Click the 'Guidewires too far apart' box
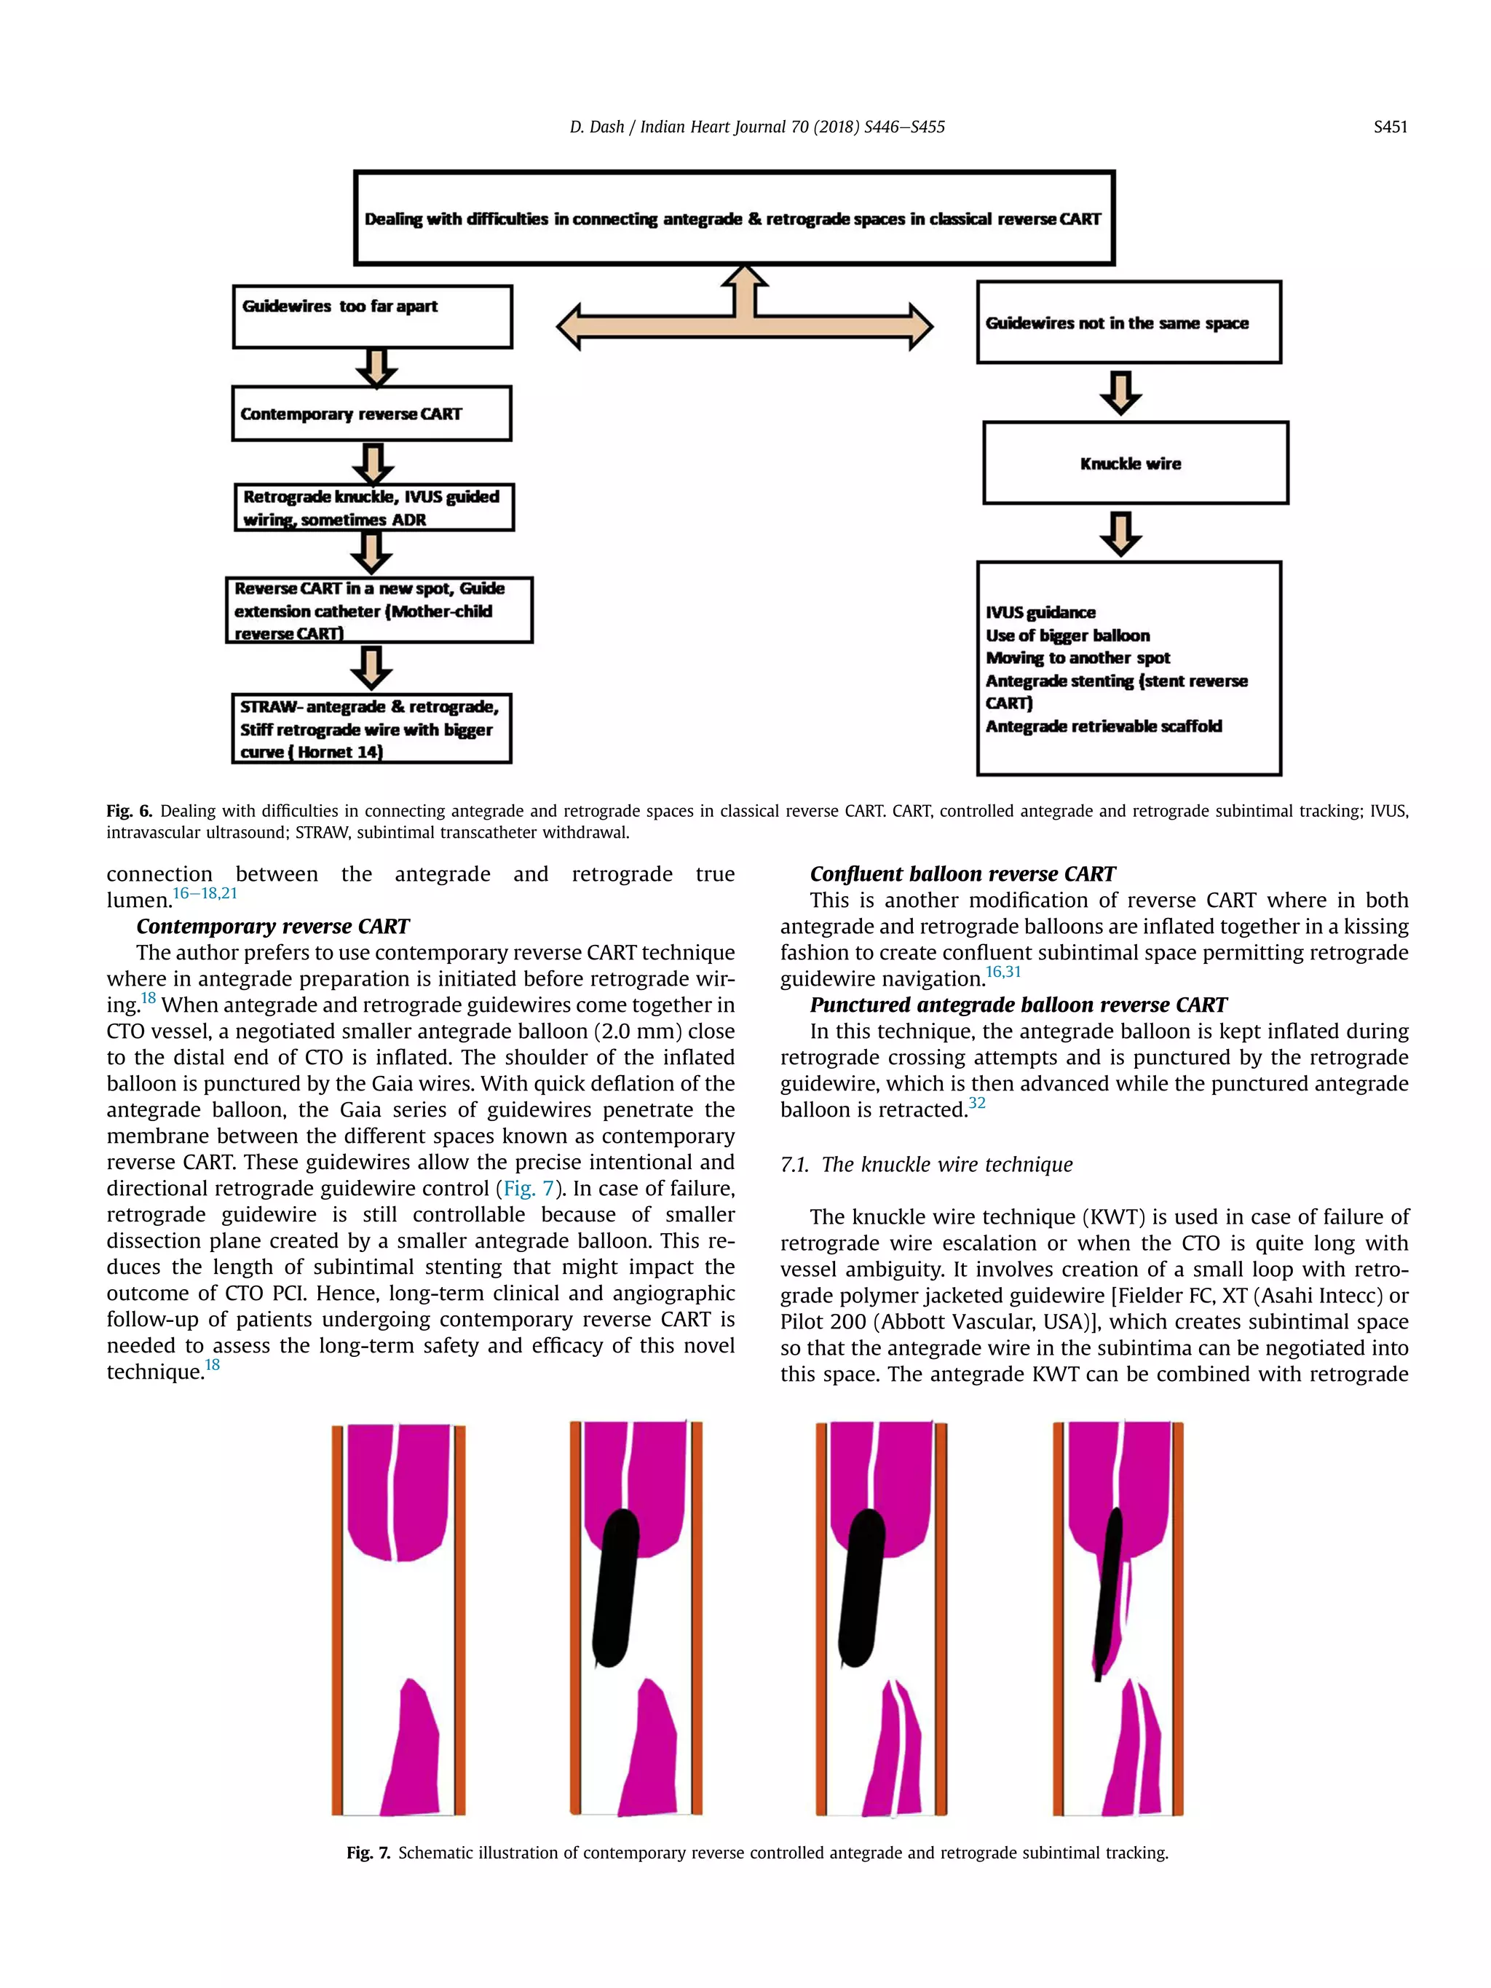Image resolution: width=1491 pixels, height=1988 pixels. point(372,317)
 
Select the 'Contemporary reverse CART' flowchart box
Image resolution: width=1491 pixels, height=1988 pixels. point(371,413)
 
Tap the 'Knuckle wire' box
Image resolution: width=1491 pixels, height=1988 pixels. point(1134,463)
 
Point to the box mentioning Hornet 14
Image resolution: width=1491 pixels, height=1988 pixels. point(371,729)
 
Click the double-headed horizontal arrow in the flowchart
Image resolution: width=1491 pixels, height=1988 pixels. point(744,325)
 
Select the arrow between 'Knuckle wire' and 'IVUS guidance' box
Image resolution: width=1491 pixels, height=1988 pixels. point(1120,534)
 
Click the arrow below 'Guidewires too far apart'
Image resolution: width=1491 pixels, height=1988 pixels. point(376,368)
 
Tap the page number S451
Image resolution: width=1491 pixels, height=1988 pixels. point(1390,127)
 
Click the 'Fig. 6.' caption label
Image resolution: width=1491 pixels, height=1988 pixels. point(130,812)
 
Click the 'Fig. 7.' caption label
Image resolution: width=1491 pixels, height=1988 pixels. point(368,1853)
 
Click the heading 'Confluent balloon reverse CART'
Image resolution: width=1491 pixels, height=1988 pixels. point(962,874)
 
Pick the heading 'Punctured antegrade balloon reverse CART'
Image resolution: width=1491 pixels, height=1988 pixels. point(1017,1005)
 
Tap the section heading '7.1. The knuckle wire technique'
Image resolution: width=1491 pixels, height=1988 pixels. point(926,1165)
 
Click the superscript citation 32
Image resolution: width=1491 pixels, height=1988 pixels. point(976,1103)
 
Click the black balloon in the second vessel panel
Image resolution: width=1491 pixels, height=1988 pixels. point(617,1586)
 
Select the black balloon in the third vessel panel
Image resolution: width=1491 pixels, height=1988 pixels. point(862,1586)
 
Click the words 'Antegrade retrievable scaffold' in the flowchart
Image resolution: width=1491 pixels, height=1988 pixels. point(1103,726)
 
